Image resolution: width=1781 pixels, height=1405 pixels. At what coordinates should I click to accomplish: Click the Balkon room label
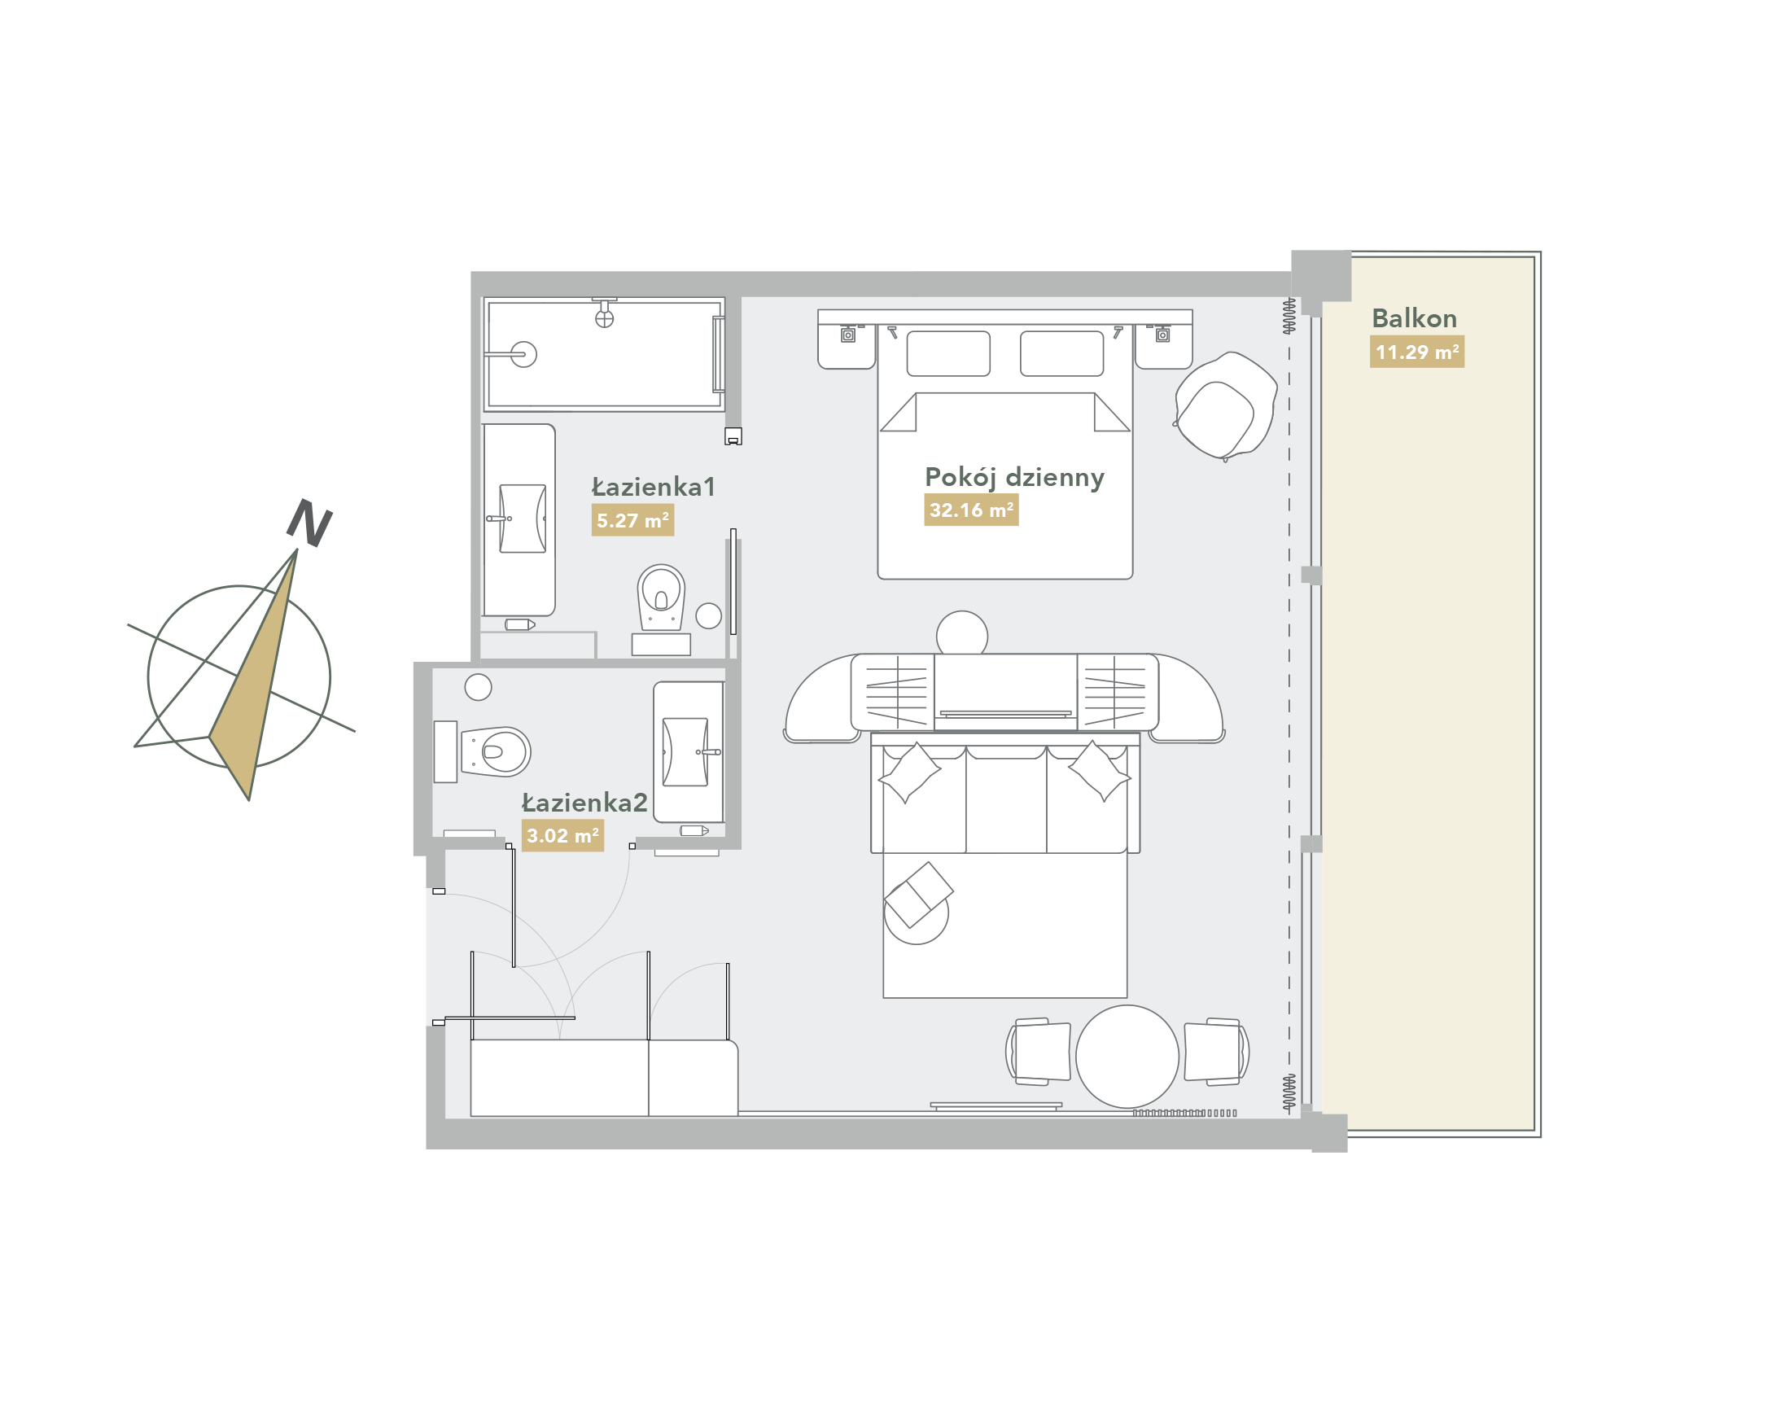[1413, 318]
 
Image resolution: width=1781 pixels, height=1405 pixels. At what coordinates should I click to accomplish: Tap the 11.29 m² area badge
[1416, 352]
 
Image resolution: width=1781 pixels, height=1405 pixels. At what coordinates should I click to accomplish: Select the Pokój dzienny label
[1013, 478]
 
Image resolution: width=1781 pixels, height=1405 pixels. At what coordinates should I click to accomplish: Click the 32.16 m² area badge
[971, 510]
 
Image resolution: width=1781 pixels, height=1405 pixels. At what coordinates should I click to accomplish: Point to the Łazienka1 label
[653, 487]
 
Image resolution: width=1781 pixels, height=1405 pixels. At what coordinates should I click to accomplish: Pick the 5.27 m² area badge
[632, 521]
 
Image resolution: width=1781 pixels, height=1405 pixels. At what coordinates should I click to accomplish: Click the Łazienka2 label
[584, 803]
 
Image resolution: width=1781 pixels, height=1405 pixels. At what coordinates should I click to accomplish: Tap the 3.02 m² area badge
[562, 836]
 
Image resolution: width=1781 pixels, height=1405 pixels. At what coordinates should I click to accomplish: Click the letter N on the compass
[309, 523]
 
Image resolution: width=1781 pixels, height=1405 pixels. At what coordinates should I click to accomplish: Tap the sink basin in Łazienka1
[523, 519]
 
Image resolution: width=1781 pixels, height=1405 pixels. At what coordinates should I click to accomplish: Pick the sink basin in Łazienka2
[685, 752]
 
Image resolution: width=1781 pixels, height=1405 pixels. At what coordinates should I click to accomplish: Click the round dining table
[1127, 1057]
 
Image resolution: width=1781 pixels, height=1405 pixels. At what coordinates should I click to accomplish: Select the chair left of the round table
[1038, 1051]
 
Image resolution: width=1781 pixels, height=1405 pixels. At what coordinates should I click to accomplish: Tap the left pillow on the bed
[947, 354]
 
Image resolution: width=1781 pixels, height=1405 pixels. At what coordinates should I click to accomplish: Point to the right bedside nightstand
[1163, 346]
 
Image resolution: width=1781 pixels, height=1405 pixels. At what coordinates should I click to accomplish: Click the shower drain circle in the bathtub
[523, 355]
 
